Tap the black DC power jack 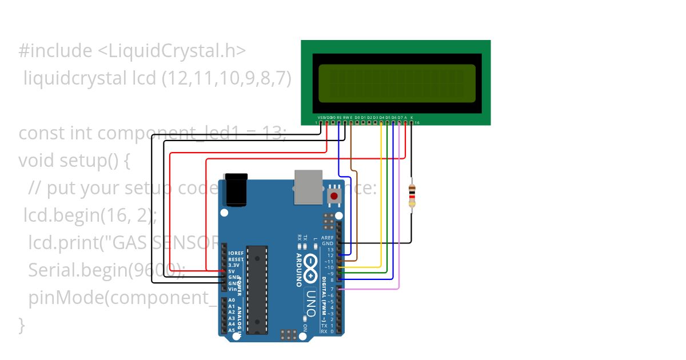point(236,190)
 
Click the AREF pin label point(327,238)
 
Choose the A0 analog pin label point(232,301)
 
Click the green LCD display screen point(397,83)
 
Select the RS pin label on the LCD point(339,117)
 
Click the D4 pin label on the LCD point(382,117)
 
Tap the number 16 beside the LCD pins point(417,123)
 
